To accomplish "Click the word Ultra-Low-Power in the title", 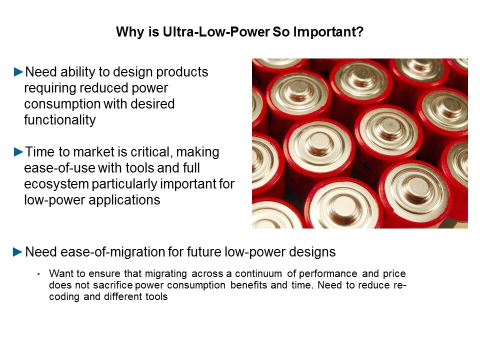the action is coord(216,32).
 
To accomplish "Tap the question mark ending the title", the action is coord(360,32).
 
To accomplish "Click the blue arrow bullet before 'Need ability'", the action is coord(18,72).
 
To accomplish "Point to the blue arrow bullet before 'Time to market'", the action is coord(18,152).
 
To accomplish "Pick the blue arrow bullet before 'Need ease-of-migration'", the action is coord(18,252).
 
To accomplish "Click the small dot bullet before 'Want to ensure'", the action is coord(38,274).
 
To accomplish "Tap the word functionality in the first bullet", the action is coord(60,119).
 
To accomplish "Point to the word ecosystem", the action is coord(56,184).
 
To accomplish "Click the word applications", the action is coord(124,200).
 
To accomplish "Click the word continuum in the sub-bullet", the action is coord(258,273).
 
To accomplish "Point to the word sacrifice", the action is coord(113,285).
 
